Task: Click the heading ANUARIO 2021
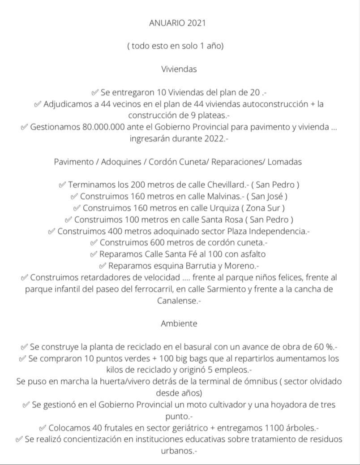click(x=177, y=23)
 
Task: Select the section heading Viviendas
click(x=179, y=69)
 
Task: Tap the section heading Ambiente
click(x=179, y=323)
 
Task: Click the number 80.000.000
click(x=103, y=127)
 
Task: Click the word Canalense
click(x=176, y=301)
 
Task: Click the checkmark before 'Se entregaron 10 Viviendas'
click(x=94, y=93)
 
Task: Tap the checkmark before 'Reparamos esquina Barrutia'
click(x=102, y=266)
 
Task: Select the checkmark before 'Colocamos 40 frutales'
click(x=43, y=428)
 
